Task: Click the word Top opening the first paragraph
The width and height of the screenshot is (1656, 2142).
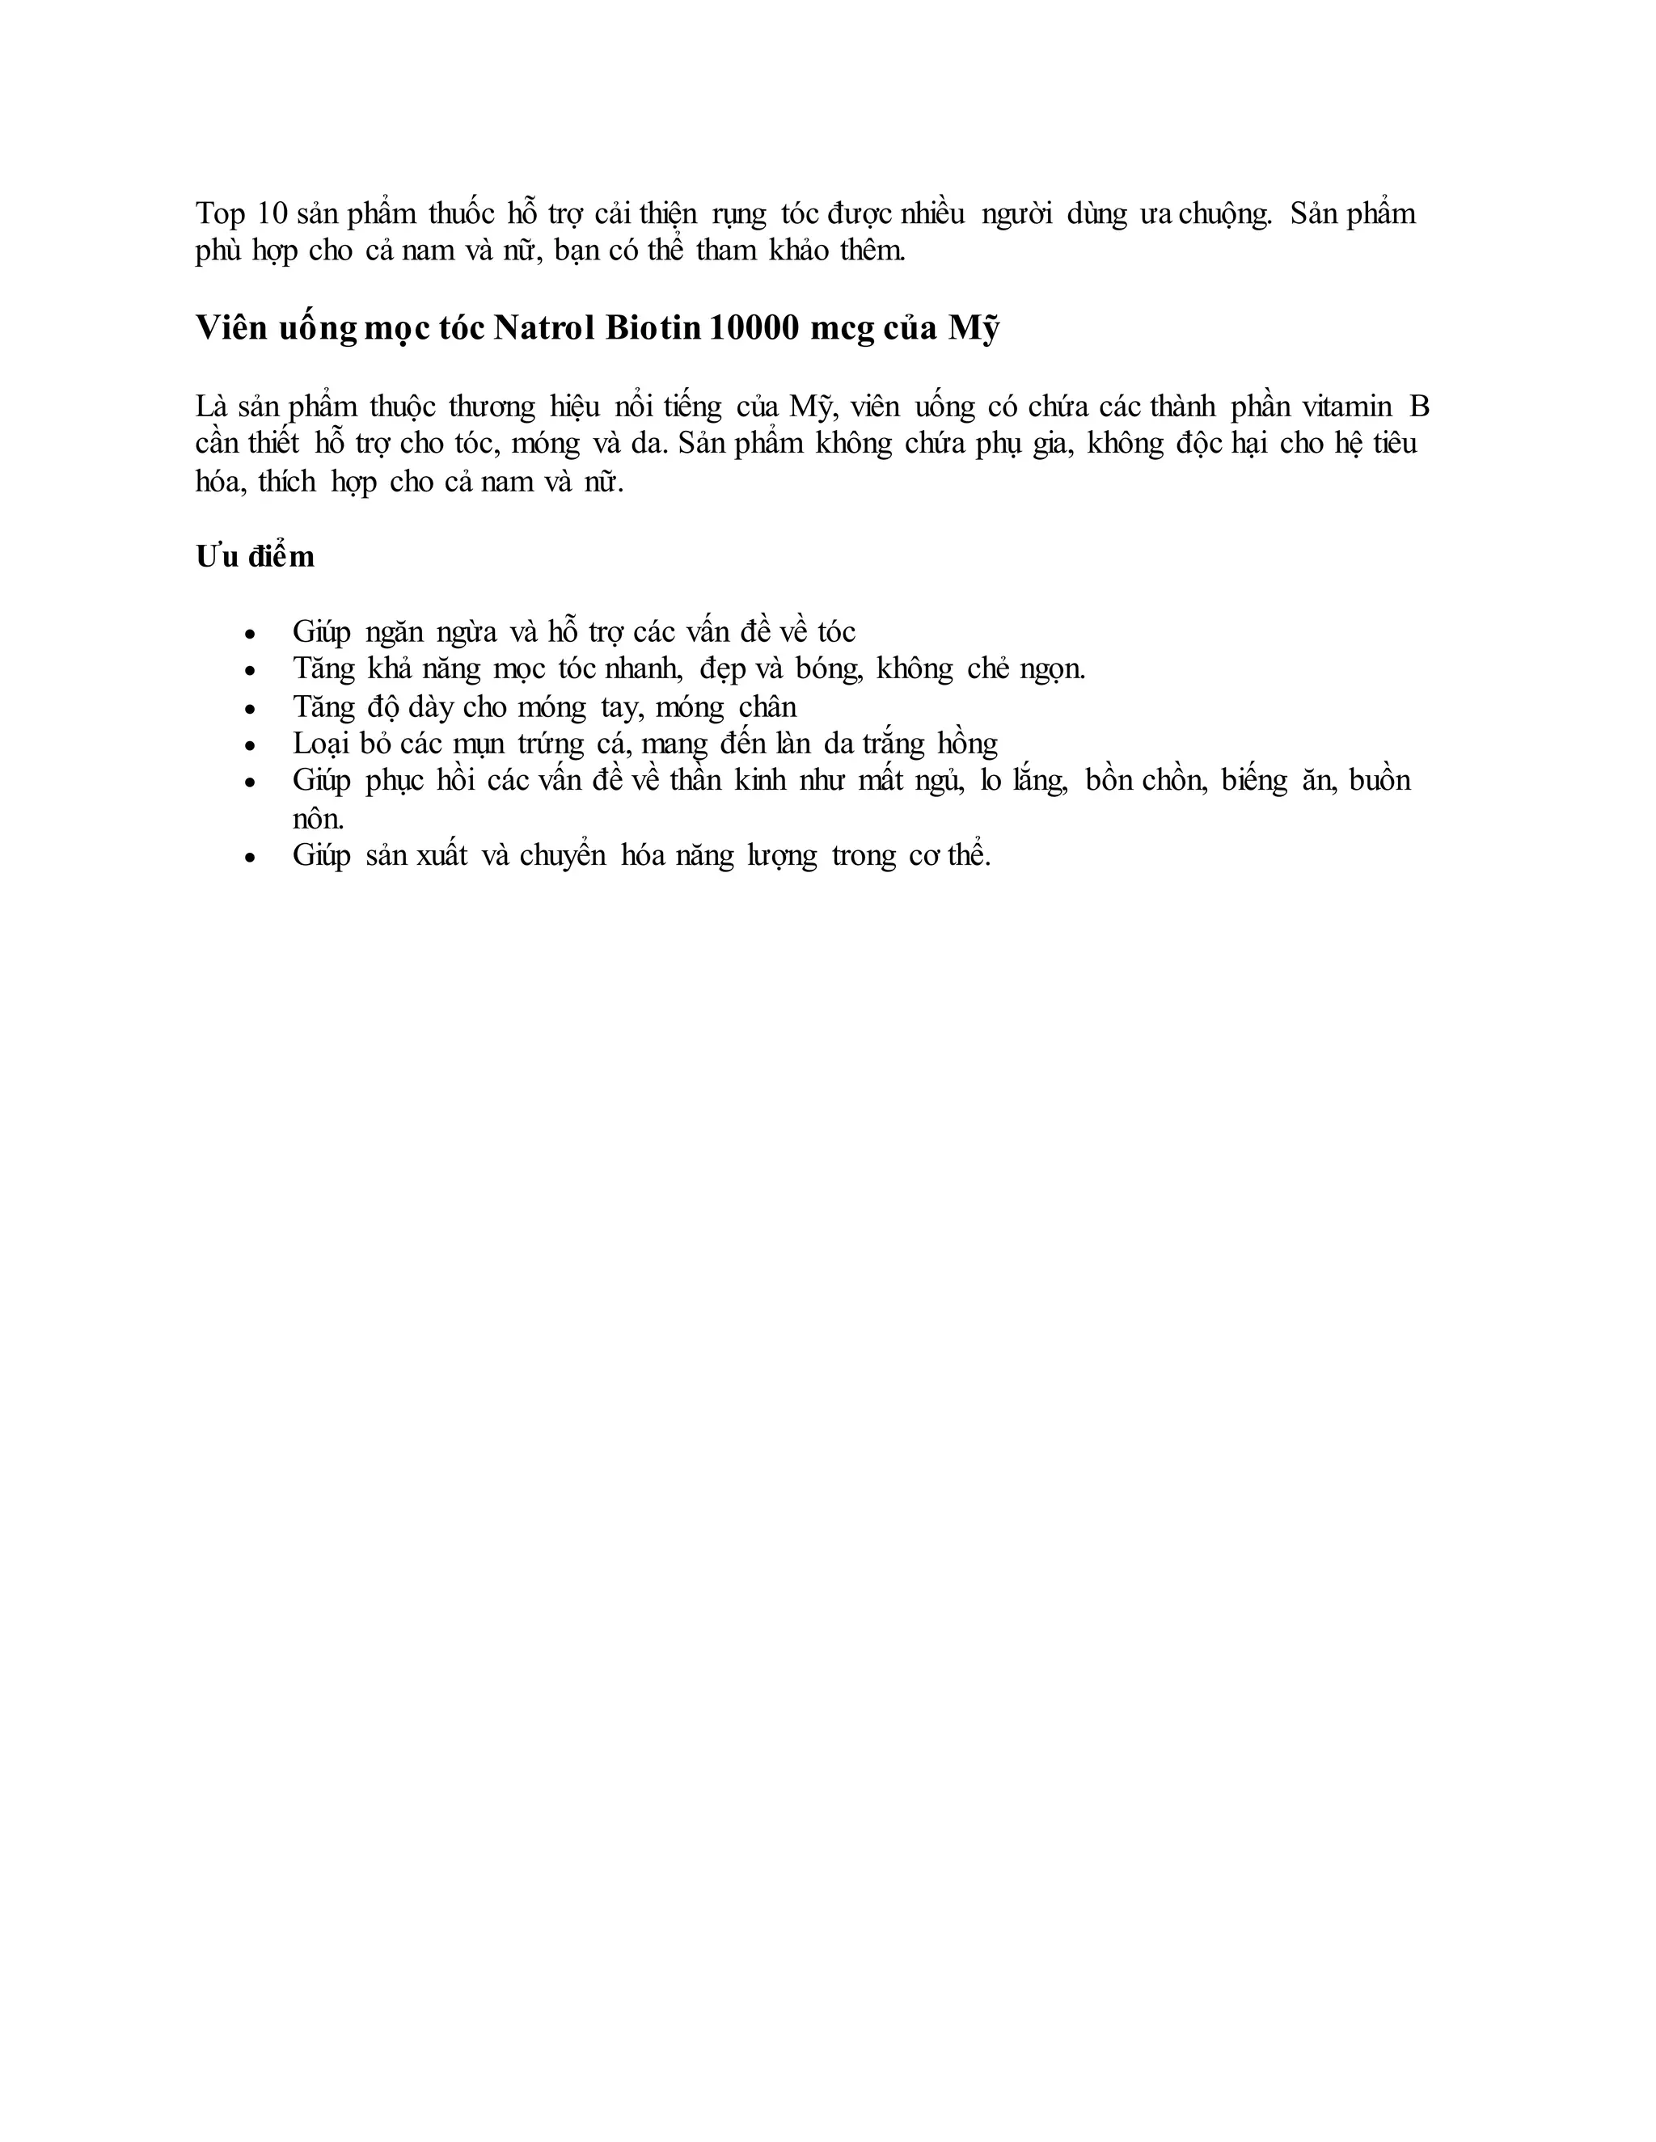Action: coord(220,214)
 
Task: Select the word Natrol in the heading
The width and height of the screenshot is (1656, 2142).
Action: coord(544,327)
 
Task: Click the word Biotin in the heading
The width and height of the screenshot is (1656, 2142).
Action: coord(653,327)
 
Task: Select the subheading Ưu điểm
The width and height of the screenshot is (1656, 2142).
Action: coord(255,557)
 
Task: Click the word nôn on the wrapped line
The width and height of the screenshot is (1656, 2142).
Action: coord(318,819)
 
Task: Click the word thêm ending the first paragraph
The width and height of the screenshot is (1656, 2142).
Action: coord(872,251)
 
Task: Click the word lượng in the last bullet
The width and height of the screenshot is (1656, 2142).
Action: coord(781,857)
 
